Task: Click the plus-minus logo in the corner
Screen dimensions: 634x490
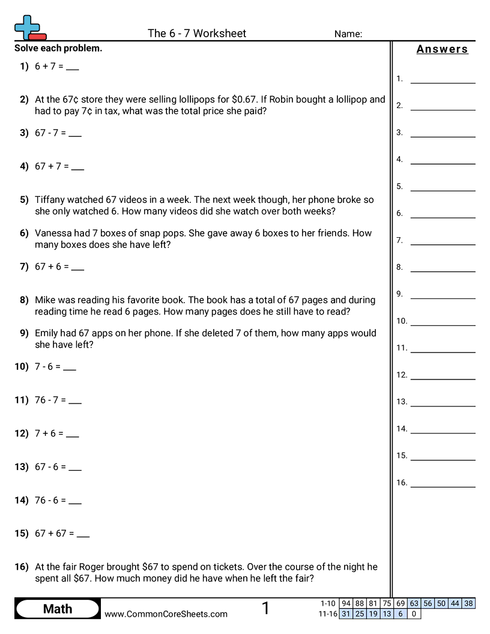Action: [x=29, y=28]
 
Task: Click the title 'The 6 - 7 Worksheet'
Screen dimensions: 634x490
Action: [x=197, y=34]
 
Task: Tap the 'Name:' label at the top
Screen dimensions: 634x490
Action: [x=348, y=34]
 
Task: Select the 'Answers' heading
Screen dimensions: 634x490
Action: [x=442, y=49]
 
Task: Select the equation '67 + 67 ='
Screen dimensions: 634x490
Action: [x=55, y=533]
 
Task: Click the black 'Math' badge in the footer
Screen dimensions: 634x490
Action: [x=58, y=609]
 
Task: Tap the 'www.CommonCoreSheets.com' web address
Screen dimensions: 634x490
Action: [x=166, y=614]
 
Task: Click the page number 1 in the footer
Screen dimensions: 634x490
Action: [x=265, y=608]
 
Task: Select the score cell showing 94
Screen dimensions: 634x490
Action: [x=346, y=603]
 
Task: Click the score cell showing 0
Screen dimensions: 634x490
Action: [x=414, y=614]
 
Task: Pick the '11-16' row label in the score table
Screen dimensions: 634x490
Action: [x=328, y=614]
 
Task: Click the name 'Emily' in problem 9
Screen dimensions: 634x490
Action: [x=47, y=333]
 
